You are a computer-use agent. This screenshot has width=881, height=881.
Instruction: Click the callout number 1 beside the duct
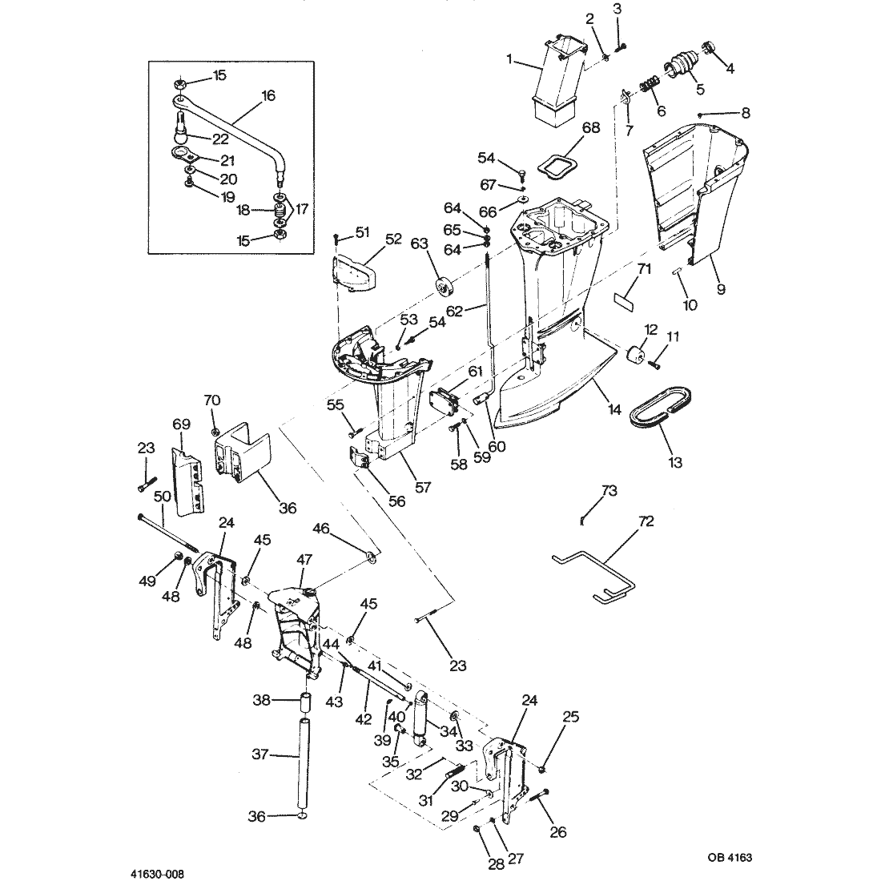point(509,58)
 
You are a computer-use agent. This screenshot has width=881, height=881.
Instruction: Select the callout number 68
point(590,127)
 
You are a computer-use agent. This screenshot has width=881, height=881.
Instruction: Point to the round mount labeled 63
point(447,285)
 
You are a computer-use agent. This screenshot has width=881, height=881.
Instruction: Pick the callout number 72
point(646,521)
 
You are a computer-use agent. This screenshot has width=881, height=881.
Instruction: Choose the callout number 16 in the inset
point(268,95)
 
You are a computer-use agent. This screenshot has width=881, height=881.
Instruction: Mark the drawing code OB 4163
point(730,858)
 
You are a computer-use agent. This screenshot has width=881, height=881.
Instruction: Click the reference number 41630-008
point(157,875)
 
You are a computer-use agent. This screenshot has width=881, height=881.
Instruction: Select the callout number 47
point(304,560)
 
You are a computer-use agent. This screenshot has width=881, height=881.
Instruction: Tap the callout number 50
point(163,497)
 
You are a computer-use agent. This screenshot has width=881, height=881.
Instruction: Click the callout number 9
point(721,289)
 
